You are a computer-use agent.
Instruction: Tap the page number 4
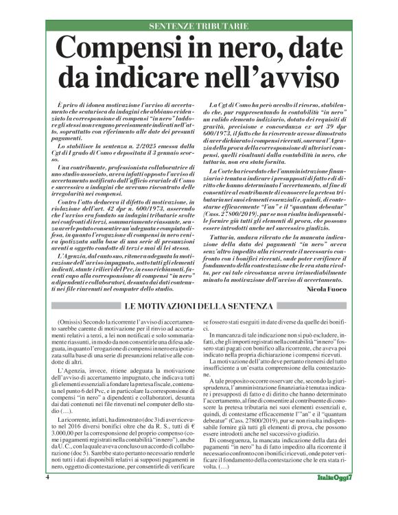(47, 496)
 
